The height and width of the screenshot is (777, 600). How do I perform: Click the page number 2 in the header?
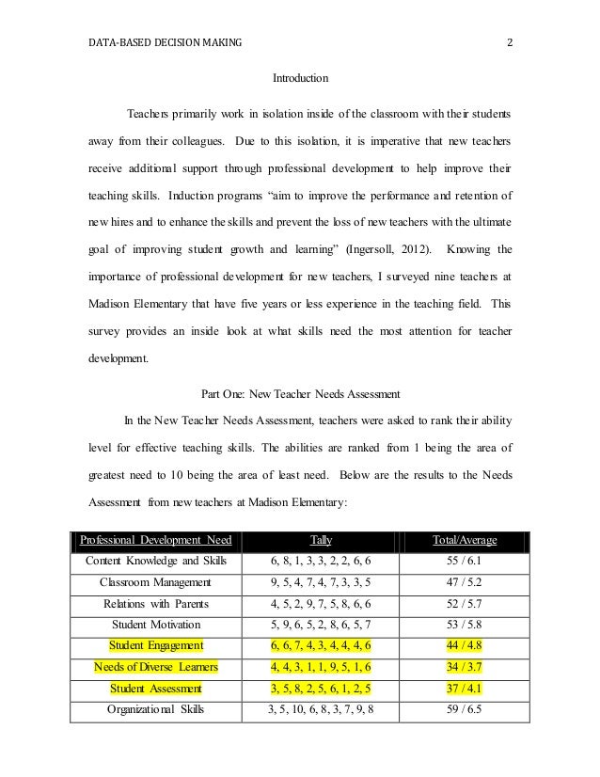click(509, 40)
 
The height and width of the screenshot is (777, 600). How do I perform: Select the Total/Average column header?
click(465, 540)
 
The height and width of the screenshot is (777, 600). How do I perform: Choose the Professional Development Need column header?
click(156, 540)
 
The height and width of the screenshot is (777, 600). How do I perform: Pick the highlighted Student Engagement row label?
click(156, 644)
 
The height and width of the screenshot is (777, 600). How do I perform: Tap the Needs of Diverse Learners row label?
click(156, 666)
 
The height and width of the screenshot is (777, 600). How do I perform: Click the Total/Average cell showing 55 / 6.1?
click(465, 561)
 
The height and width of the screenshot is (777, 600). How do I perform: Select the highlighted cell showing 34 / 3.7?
click(465, 666)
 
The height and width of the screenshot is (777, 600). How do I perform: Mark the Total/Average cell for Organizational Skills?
click(465, 708)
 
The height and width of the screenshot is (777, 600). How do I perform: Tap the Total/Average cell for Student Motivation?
click(465, 624)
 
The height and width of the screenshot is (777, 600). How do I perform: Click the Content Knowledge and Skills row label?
click(156, 561)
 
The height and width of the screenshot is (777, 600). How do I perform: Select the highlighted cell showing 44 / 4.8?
click(465, 644)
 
